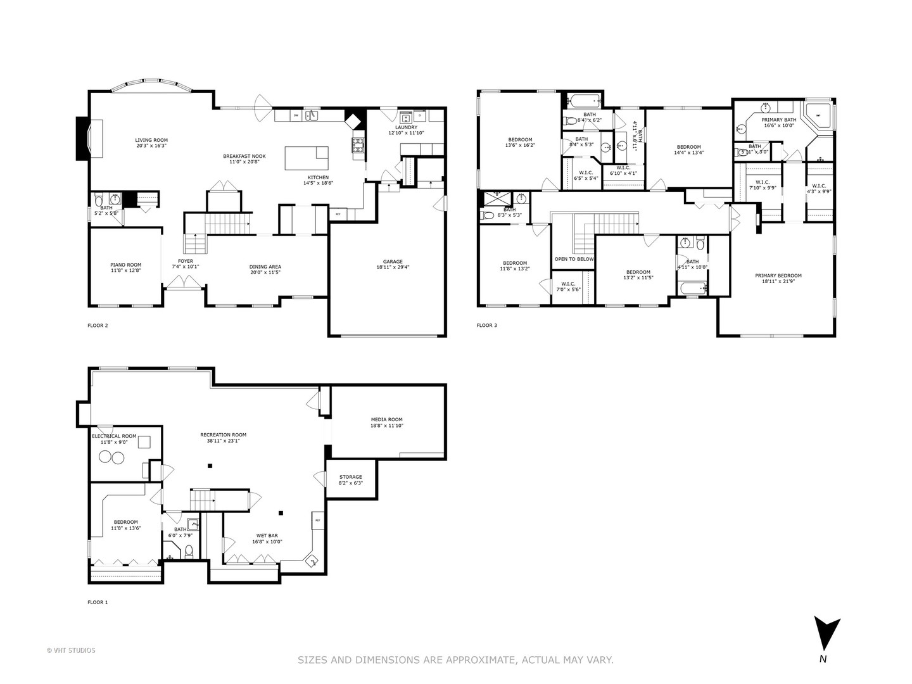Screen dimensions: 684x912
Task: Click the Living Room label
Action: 151,140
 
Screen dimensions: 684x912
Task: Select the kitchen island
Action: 307,158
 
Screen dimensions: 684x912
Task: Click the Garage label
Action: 392,262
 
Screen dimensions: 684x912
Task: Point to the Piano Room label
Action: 125,265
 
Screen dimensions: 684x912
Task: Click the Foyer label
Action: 185,261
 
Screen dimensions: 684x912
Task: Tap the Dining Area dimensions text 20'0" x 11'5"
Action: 265,273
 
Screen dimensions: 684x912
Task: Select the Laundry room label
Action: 402,127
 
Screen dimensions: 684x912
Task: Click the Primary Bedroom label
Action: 778,275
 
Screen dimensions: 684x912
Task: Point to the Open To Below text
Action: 574,259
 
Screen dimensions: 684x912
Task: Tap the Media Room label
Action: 386,419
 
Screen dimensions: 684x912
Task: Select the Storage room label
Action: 350,477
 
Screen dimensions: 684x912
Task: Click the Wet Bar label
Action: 267,535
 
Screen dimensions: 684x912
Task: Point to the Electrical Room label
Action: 114,436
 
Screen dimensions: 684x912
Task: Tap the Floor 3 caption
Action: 486,326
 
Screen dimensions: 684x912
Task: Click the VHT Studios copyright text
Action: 71,650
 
